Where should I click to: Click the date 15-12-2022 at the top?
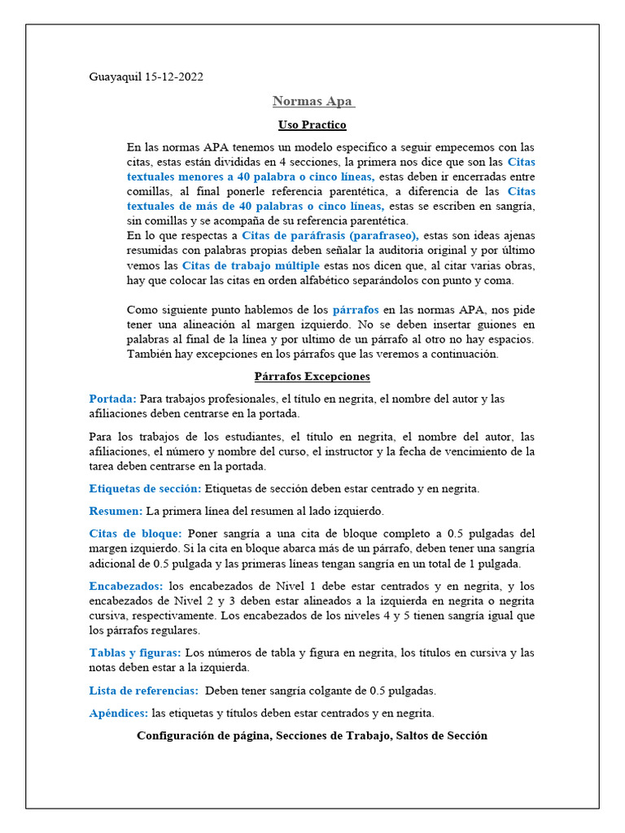(x=174, y=77)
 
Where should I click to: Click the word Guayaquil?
(x=115, y=77)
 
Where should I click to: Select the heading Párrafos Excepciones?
(x=312, y=377)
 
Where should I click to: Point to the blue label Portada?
(x=113, y=399)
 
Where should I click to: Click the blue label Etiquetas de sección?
(x=145, y=489)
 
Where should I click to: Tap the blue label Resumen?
(x=116, y=511)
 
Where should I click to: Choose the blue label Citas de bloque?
(x=135, y=534)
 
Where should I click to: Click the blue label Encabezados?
(x=126, y=586)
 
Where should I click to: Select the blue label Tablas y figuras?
(x=135, y=652)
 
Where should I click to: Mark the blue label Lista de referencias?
(x=143, y=691)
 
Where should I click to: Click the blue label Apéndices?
(x=119, y=713)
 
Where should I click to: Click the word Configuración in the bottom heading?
(x=173, y=735)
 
